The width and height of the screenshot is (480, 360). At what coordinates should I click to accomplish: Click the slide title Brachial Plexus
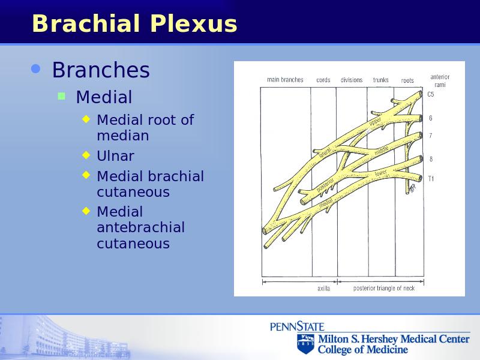point(134,23)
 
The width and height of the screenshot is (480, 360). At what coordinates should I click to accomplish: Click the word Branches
point(101,70)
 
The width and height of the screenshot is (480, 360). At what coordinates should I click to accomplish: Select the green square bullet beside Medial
point(62,97)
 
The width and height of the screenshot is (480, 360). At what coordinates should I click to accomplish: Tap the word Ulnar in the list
point(115,156)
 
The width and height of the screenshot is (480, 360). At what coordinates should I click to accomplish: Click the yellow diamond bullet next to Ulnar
point(86,155)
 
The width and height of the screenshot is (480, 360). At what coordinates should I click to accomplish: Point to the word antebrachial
point(141,227)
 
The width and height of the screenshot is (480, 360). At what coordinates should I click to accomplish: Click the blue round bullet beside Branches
point(36,69)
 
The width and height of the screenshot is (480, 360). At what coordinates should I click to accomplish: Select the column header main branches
point(285,80)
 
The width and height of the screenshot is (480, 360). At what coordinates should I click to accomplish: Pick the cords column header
point(323,80)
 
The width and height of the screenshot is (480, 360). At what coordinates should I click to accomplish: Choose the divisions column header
point(352,80)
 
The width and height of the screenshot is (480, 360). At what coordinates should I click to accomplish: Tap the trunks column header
point(380,80)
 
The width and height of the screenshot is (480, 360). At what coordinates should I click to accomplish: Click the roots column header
point(407,80)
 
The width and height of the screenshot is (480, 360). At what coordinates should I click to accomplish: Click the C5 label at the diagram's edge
point(431,94)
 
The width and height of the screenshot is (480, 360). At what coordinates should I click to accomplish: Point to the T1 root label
point(431,179)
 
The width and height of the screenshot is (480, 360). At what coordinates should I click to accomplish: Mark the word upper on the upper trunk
point(375,122)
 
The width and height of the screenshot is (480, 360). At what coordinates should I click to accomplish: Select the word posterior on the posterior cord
point(325,185)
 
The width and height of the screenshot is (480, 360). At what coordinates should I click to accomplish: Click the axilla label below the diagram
point(323,289)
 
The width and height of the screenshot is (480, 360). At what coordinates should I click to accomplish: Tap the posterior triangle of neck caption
point(384,288)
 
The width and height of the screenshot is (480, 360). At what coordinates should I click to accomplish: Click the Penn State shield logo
point(305,343)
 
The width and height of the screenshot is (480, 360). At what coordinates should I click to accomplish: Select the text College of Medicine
point(363,349)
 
